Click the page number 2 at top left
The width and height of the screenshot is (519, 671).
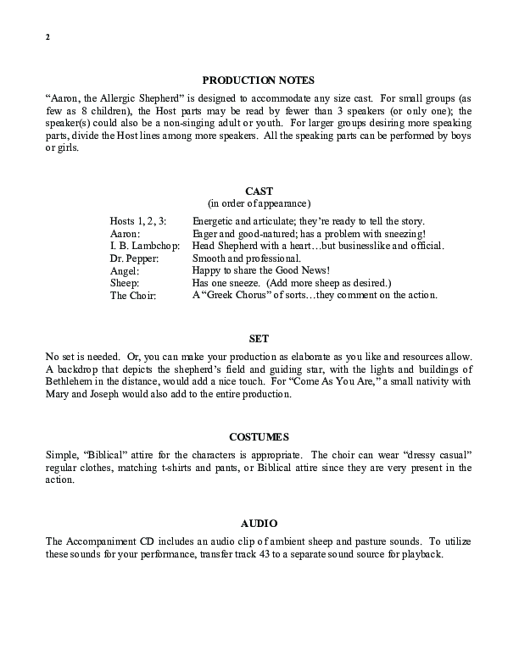pos(47,39)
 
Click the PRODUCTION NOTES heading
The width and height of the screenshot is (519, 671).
pos(259,80)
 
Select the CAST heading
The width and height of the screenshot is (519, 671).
pos(259,191)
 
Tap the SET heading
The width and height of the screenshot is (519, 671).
pos(259,338)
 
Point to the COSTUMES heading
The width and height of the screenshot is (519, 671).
pos(259,437)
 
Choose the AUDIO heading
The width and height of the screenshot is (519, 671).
pos(259,524)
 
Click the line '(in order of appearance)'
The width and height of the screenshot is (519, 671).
pos(259,203)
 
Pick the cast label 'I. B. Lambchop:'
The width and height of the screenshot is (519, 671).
pos(145,246)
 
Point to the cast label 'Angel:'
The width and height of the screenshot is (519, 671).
pos(125,270)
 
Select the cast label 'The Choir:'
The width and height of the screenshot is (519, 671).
pos(133,296)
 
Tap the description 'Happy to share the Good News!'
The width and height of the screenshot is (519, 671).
pos(259,270)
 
